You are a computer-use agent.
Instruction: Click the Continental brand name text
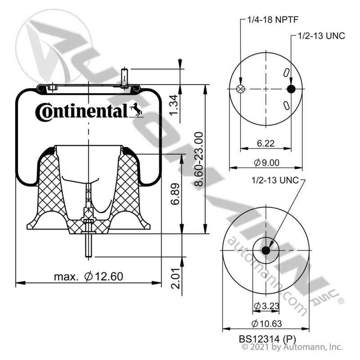click(81, 111)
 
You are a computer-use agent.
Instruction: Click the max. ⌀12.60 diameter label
click(89, 276)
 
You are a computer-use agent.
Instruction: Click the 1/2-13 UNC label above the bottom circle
click(275, 180)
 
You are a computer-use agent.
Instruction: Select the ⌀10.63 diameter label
click(267, 323)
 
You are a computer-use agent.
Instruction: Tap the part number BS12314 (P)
click(267, 338)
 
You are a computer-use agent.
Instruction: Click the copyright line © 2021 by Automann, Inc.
click(292, 347)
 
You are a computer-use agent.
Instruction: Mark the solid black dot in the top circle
click(291, 89)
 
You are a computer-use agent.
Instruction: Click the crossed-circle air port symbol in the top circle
click(241, 89)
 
